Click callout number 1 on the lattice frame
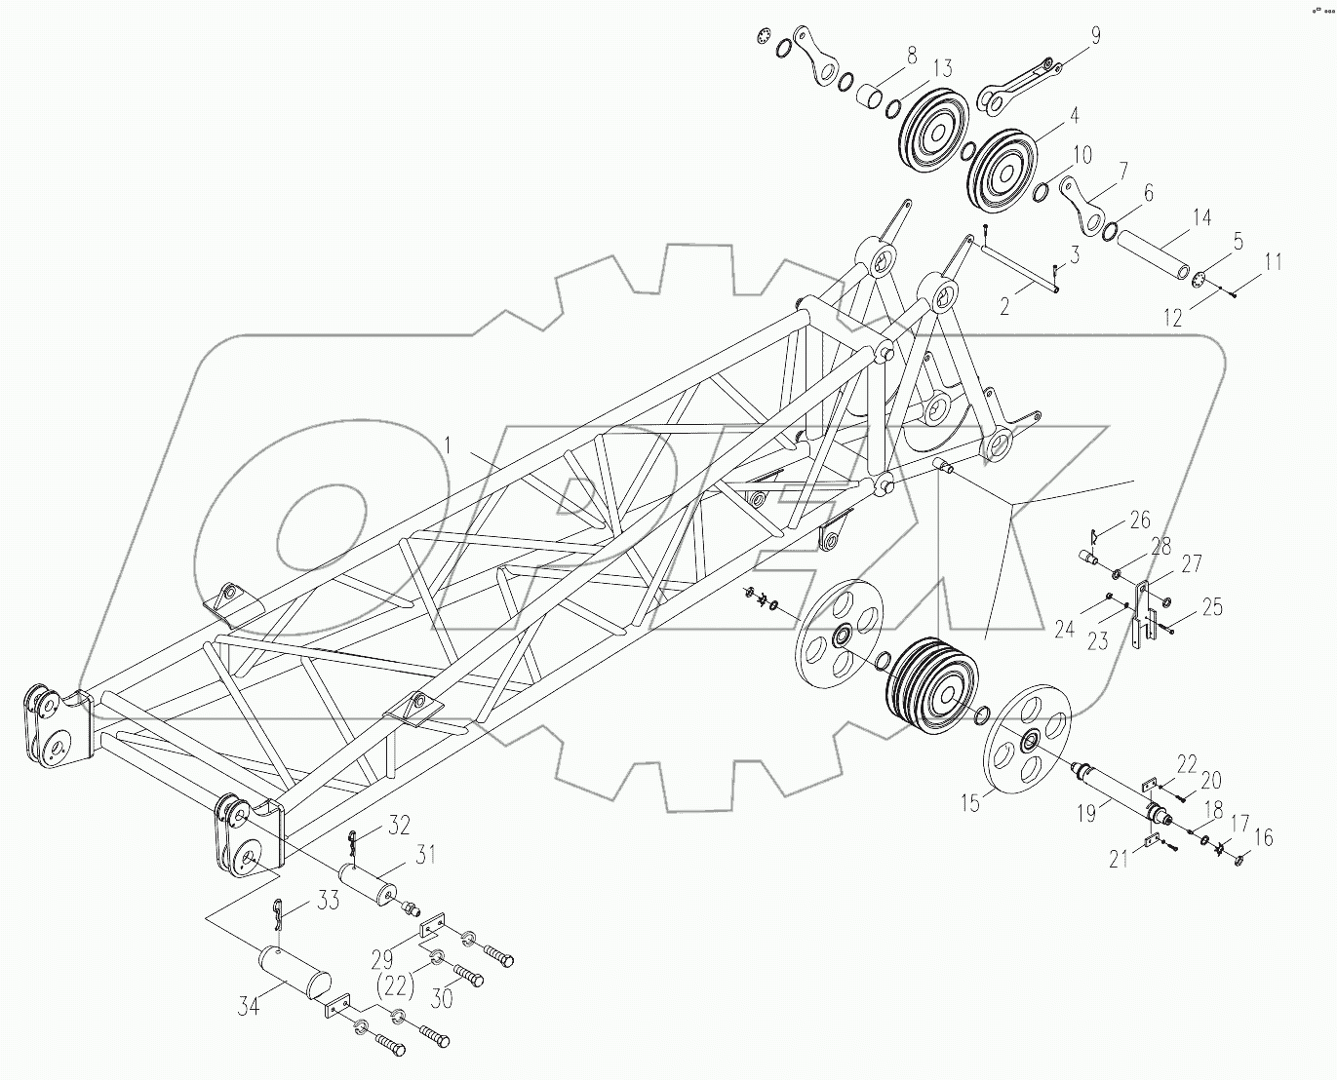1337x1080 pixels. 448,445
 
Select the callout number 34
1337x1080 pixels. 250,1007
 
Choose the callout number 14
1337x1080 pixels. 1202,216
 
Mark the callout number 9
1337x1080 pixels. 1095,36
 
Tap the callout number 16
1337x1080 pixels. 1263,836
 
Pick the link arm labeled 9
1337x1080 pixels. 1017,82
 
